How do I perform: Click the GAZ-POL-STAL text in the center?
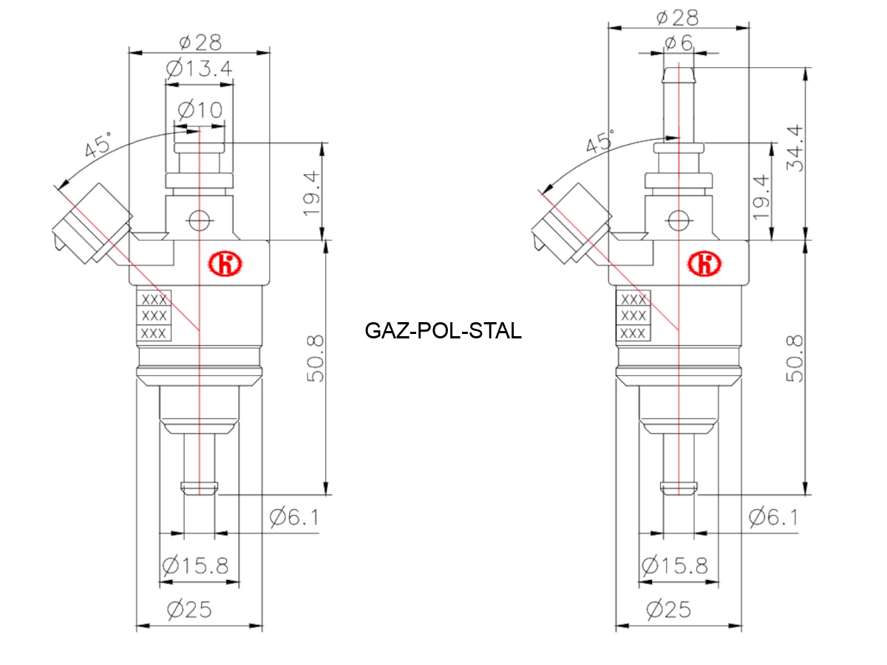point(443,330)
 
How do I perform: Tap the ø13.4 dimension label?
point(199,69)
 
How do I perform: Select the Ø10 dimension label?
point(200,111)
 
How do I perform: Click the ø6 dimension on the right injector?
point(678,43)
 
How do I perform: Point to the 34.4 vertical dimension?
point(797,148)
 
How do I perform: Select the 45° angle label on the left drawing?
point(98,144)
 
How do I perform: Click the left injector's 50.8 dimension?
point(314,358)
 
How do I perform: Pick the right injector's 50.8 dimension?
point(795,358)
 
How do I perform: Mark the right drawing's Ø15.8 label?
point(675,566)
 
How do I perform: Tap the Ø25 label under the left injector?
point(189,610)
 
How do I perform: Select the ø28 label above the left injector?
point(199,42)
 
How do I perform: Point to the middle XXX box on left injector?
point(154,316)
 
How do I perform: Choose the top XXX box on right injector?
point(633,300)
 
